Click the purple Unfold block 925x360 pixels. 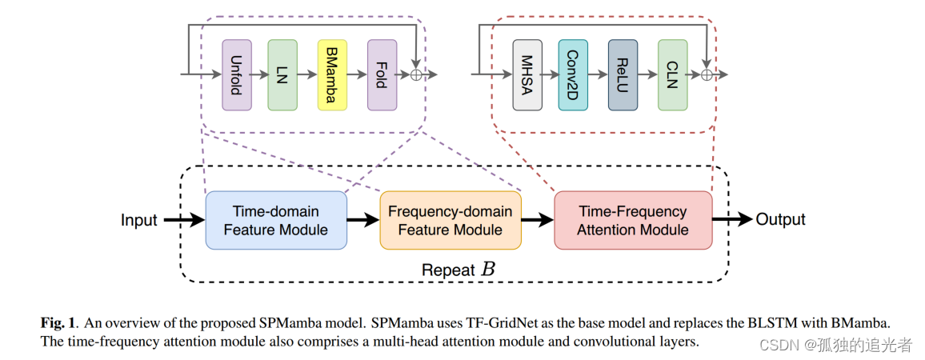[237, 75]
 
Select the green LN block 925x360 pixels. [282, 75]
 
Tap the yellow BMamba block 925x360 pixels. [332, 75]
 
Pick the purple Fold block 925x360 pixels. [382, 75]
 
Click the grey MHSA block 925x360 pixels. [527, 75]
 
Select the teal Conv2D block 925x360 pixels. [573, 75]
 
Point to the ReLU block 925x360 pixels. [623, 75]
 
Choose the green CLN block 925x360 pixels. [672, 75]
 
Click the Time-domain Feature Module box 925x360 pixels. [276, 220]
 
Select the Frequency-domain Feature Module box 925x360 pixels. [450, 220]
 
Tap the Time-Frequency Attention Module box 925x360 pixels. [633, 220]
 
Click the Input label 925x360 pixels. [139, 220]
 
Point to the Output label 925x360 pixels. [780, 219]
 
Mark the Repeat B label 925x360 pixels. [458, 270]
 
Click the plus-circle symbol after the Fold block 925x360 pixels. [416, 75]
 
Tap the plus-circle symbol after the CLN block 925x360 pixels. [706, 75]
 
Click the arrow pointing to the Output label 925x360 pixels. [732, 219]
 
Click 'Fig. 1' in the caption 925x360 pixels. [58, 322]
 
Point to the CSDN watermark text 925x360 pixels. [835, 345]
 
